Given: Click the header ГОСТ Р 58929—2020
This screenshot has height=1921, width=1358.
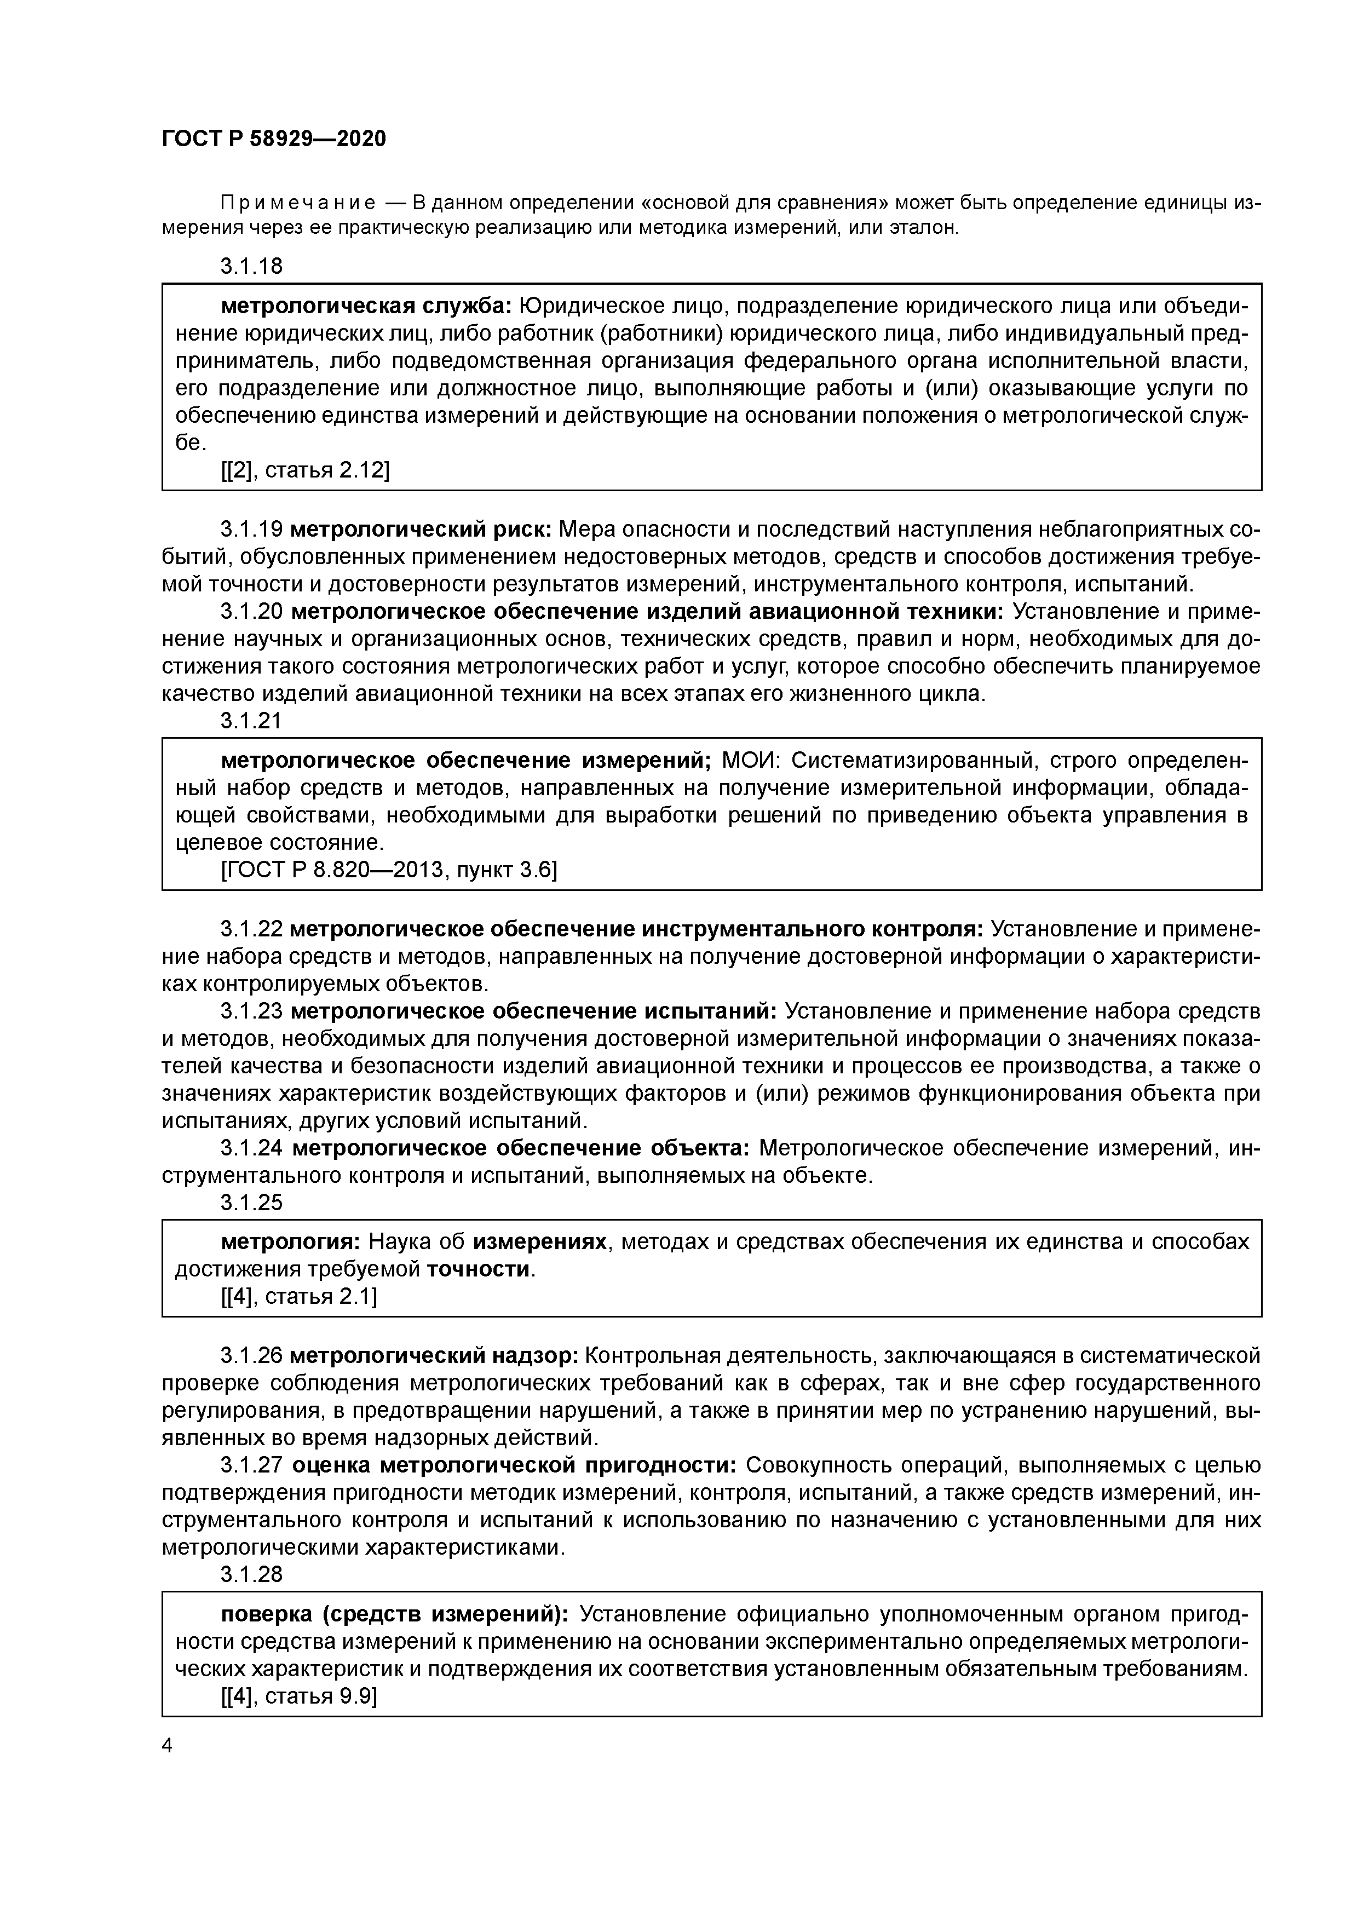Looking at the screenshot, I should (274, 139).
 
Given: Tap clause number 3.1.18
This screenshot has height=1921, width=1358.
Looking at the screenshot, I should (251, 266).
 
